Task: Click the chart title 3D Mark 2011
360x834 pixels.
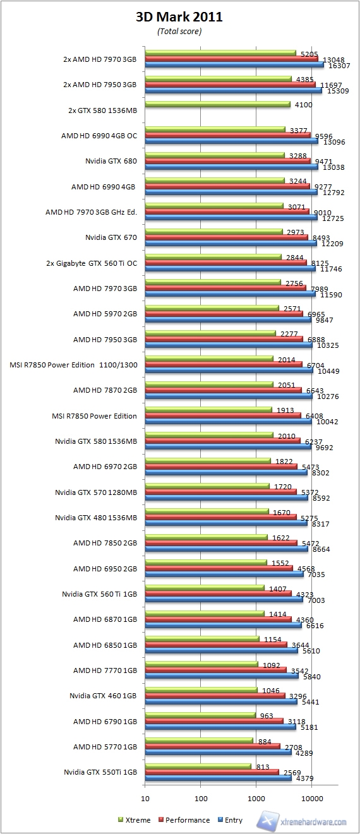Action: click(179, 18)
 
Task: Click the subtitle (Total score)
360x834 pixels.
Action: click(179, 32)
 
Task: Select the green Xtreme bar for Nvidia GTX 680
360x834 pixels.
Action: click(215, 155)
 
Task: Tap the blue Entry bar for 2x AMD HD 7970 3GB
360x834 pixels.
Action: click(234, 65)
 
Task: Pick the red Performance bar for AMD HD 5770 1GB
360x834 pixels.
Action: click(212, 746)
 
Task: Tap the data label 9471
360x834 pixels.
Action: click(322, 161)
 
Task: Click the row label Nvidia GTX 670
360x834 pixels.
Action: click(111, 237)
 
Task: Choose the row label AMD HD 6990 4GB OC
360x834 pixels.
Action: click(99, 135)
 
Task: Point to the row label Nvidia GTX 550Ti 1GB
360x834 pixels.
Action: click(100, 771)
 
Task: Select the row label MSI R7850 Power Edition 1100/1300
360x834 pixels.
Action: click(74, 365)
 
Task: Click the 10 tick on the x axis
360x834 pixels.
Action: click(145, 797)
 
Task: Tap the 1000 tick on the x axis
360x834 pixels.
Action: click(256, 797)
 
